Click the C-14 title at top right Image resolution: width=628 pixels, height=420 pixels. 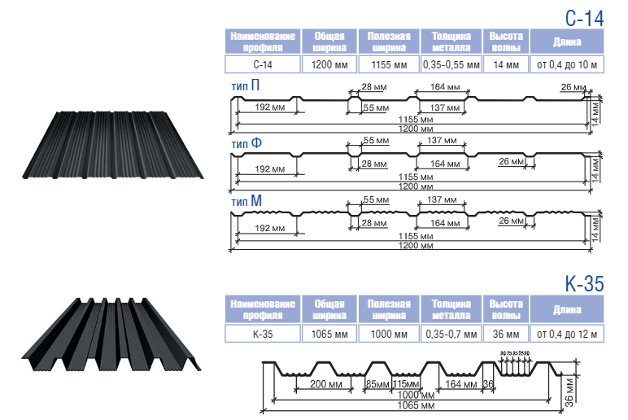[584, 17]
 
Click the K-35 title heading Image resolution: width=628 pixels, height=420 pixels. [583, 284]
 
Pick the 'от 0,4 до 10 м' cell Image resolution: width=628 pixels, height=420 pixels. [567, 64]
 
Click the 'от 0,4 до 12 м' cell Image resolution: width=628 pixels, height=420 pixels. [567, 333]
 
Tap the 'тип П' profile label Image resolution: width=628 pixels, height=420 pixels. [246, 85]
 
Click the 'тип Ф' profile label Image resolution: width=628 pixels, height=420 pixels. [246, 143]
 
